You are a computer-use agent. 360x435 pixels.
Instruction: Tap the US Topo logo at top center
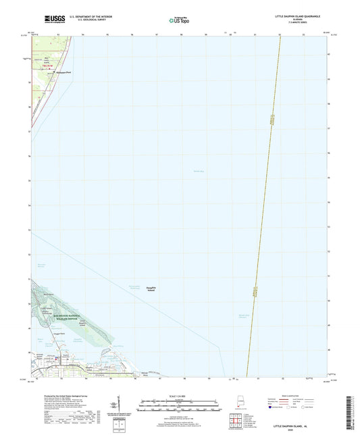point(179,20)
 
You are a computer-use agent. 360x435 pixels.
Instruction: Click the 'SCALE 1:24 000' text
point(180,396)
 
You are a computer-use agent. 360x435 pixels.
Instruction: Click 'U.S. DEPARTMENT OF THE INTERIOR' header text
point(88,15)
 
